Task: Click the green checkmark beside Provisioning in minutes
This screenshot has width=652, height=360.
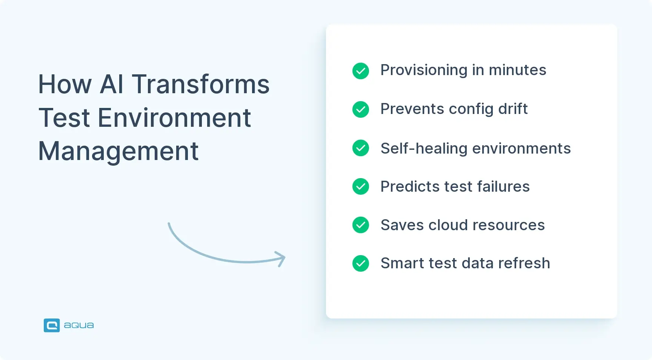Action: click(360, 71)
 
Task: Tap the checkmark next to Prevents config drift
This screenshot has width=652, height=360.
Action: click(360, 109)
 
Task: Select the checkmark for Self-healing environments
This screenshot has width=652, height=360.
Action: click(360, 148)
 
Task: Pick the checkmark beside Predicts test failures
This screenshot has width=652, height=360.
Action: click(360, 186)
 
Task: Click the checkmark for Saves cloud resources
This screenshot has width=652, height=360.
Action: click(360, 225)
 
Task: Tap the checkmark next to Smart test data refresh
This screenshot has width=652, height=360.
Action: click(360, 263)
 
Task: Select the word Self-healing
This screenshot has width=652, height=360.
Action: click(424, 148)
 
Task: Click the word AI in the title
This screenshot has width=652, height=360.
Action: click(112, 84)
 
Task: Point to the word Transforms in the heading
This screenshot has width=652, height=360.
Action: click(200, 84)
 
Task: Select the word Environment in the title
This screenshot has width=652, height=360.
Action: click(174, 118)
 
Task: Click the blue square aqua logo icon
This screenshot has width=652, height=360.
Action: click(52, 325)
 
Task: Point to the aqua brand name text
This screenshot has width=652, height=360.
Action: click(78, 325)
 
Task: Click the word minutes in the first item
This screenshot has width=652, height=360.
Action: click(517, 71)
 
